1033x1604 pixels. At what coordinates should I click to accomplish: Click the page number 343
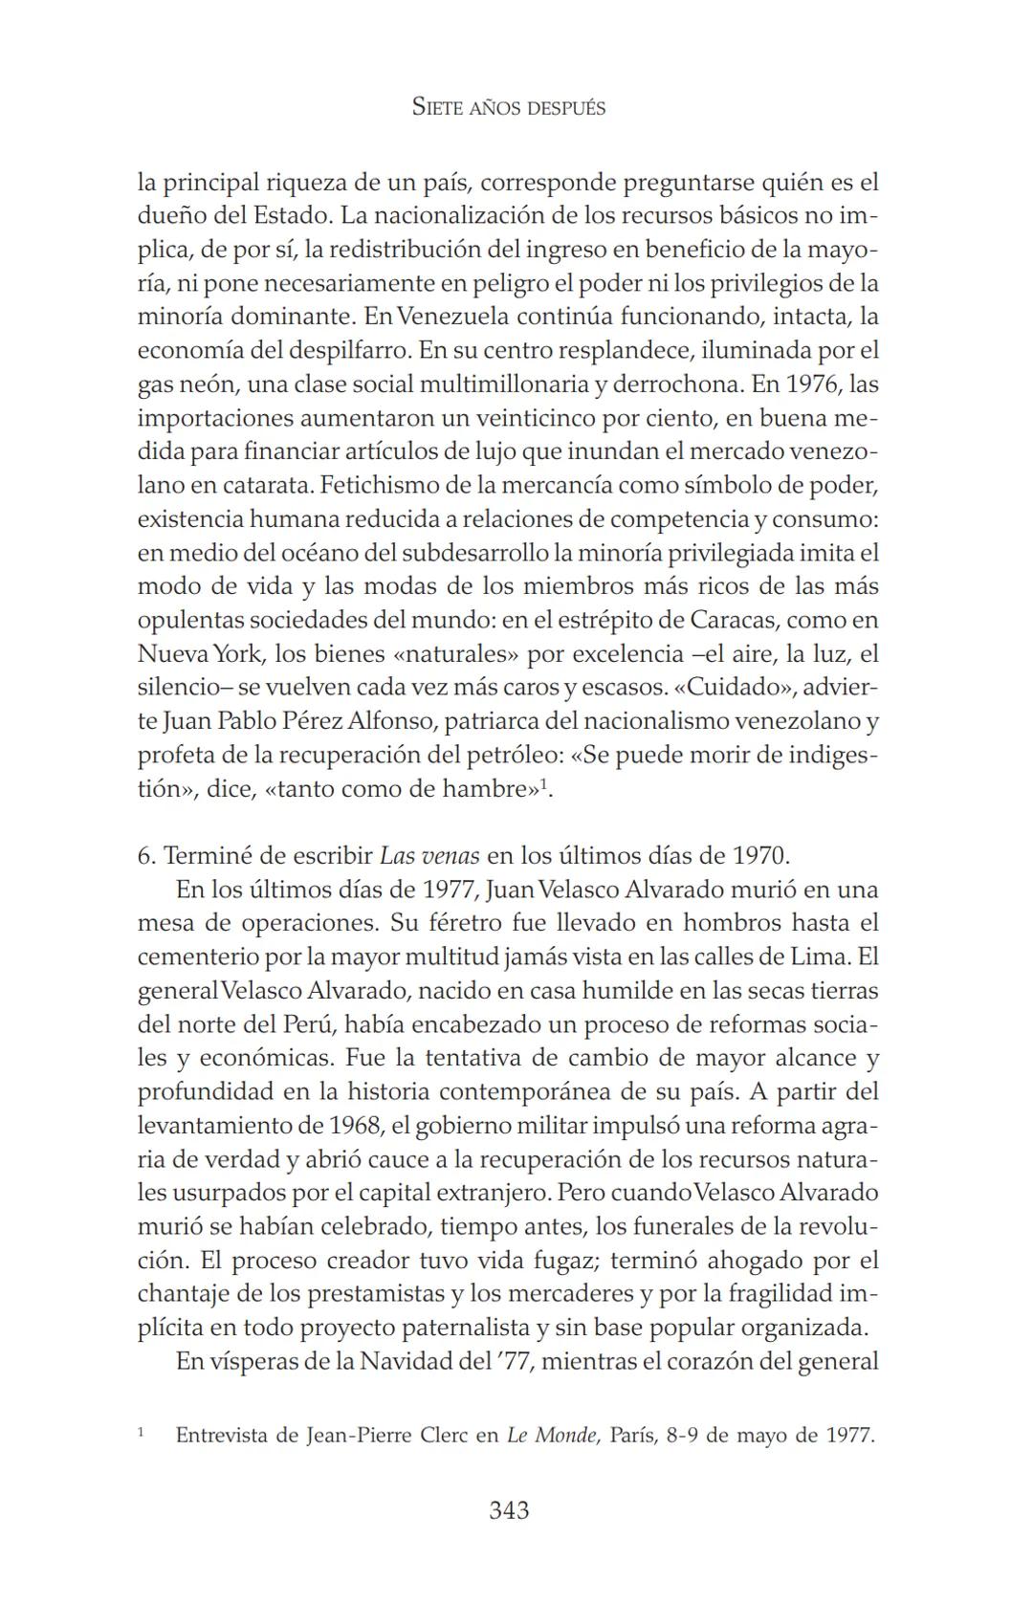click(509, 1510)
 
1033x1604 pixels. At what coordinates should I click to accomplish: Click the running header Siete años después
click(509, 107)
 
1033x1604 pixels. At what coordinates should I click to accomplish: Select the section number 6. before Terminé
click(146, 855)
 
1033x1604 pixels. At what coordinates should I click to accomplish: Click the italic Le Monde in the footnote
click(552, 1435)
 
